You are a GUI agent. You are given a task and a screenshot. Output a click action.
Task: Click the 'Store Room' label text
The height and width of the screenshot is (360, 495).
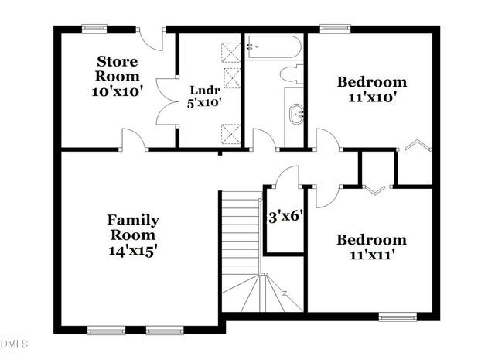(x=118, y=68)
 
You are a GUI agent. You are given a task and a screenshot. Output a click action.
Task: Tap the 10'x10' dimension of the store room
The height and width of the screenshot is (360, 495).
(x=118, y=91)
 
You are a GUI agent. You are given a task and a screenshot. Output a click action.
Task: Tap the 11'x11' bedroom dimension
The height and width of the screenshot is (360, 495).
(x=370, y=255)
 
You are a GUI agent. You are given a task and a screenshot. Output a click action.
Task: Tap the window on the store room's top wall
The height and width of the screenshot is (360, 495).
(x=95, y=29)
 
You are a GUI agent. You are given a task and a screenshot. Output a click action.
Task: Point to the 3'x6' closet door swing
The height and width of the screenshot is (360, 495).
(x=288, y=176)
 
